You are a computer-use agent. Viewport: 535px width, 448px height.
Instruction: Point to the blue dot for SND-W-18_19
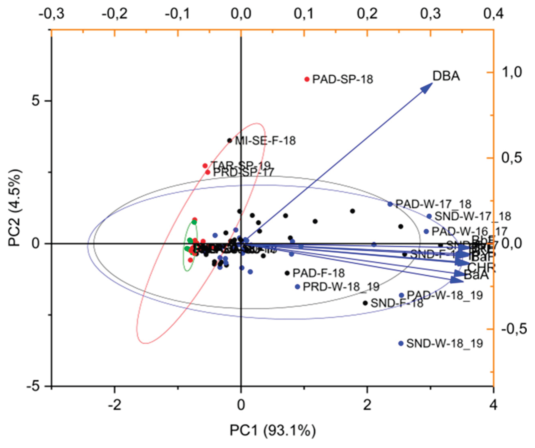pos(401,343)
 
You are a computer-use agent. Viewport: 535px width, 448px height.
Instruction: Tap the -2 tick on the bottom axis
pos(115,405)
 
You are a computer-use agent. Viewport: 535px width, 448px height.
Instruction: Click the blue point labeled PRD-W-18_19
pos(297,287)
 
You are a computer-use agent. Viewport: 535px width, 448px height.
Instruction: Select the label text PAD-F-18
pos(318,273)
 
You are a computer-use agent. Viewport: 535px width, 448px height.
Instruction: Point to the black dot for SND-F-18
pos(365,303)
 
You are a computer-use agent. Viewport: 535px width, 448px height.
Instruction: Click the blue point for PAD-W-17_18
pos(390,204)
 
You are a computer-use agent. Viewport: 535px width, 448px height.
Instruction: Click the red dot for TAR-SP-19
pos(205,166)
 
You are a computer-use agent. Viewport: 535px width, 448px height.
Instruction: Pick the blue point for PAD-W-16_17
pos(426,231)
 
